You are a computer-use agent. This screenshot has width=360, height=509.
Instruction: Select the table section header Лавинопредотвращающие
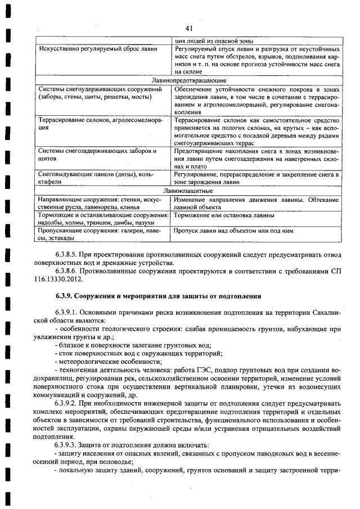point(188,81)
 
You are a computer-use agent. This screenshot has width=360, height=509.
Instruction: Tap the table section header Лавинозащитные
point(188,191)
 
